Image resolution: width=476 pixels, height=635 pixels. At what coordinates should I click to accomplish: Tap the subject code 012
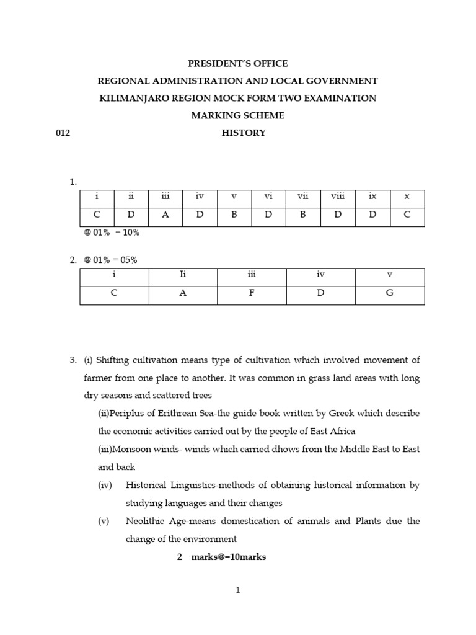point(63,133)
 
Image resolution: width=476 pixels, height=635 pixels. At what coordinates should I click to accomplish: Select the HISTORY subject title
point(244,133)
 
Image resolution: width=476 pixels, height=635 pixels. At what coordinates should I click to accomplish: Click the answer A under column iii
point(165,216)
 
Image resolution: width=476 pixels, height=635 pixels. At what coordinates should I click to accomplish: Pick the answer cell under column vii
point(303,216)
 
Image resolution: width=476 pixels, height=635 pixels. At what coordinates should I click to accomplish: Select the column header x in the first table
point(407,197)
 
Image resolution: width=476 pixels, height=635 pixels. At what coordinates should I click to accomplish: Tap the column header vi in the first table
point(268,197)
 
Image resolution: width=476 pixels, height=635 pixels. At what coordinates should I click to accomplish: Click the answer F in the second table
point(252,293)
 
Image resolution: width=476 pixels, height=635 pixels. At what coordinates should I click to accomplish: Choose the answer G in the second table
point(390,293)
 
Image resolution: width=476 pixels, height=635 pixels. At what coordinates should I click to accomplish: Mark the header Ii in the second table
point(183,275)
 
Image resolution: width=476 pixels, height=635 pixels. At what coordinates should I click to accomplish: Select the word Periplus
point(124,413)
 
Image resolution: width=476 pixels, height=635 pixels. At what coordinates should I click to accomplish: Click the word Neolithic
point(146,521)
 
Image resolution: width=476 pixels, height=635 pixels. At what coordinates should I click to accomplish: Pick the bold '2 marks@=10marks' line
point(221,557)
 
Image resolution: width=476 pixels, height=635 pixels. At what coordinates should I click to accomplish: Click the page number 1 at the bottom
point(237,590)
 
